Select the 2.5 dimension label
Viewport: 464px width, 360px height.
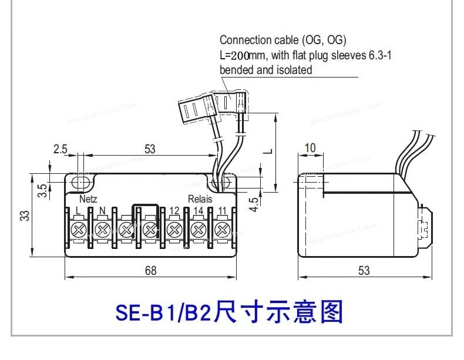[x=60, y=149]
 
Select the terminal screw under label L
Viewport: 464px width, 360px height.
[x=78, y=228]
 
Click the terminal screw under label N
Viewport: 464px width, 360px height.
[x=102, y=228]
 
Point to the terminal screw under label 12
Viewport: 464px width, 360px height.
[x=174, y=228]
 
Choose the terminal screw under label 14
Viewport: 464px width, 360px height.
[x=198, y=228]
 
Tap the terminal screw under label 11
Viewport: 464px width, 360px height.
[x=222, y=228]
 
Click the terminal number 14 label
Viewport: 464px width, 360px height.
[x=198, y=210]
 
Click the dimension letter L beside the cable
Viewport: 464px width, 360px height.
[x=267, y=151]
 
